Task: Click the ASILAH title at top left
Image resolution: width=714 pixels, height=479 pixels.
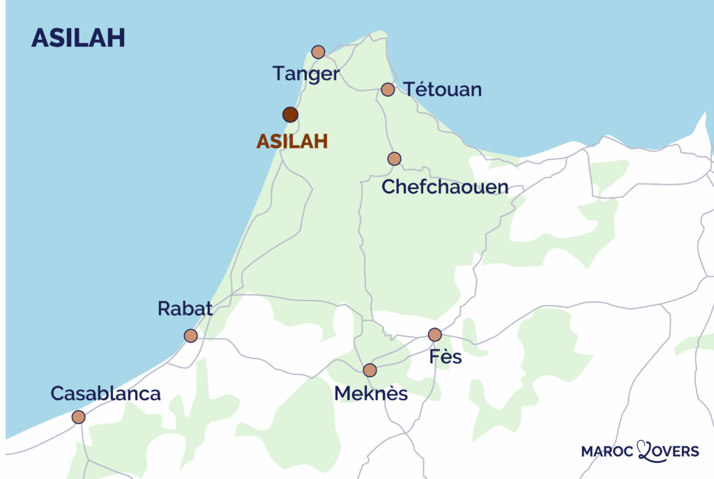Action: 78,38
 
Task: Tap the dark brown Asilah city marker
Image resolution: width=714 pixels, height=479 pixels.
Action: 291,115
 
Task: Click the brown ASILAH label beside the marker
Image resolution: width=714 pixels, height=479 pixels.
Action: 291,142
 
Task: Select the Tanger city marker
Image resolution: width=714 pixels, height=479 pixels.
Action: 318,52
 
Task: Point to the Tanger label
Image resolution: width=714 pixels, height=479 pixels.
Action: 306,74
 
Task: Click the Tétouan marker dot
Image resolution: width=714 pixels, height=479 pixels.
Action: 388,89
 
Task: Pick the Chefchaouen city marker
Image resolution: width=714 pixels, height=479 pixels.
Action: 395,159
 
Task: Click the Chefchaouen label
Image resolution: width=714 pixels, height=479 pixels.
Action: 445,187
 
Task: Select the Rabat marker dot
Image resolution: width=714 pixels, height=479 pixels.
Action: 190,336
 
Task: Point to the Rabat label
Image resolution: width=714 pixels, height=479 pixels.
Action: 185,309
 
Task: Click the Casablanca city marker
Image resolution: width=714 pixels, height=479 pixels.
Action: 78,417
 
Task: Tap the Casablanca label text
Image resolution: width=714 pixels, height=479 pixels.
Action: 105,393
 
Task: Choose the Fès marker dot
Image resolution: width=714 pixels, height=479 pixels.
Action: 434,335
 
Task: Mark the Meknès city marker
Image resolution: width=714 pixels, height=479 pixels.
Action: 370,370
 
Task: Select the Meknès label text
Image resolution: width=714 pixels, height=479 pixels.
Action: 370,394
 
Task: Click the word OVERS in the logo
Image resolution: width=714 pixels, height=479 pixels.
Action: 674,453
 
